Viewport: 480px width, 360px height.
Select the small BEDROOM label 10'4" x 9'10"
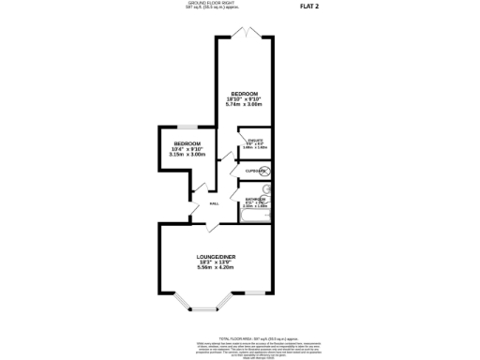coord(187,143)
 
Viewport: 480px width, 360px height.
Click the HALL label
coord(214,202)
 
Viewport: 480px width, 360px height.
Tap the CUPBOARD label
coord(255,171)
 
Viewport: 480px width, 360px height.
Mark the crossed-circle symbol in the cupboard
coord(265,171)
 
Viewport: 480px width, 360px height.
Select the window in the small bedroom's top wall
coord(187,127)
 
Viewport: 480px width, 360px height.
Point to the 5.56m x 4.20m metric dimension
coord(215,269)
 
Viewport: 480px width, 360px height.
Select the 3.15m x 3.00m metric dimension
coord(187,155)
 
